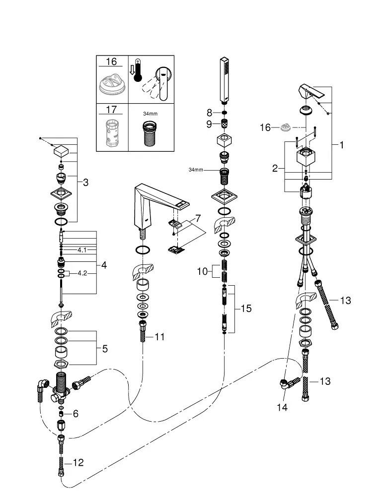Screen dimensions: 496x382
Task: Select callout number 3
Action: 85,183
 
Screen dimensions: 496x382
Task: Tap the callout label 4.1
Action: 82,250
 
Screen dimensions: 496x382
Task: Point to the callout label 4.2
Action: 82,273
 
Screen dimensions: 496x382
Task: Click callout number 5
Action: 104,349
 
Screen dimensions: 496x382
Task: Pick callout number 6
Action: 76,413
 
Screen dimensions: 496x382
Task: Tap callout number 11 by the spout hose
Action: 159,337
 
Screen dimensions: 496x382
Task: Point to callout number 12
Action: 78,463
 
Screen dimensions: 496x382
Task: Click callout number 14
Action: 283,408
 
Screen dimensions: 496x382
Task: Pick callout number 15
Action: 245,309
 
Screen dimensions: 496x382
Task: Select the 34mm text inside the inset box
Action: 149,114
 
